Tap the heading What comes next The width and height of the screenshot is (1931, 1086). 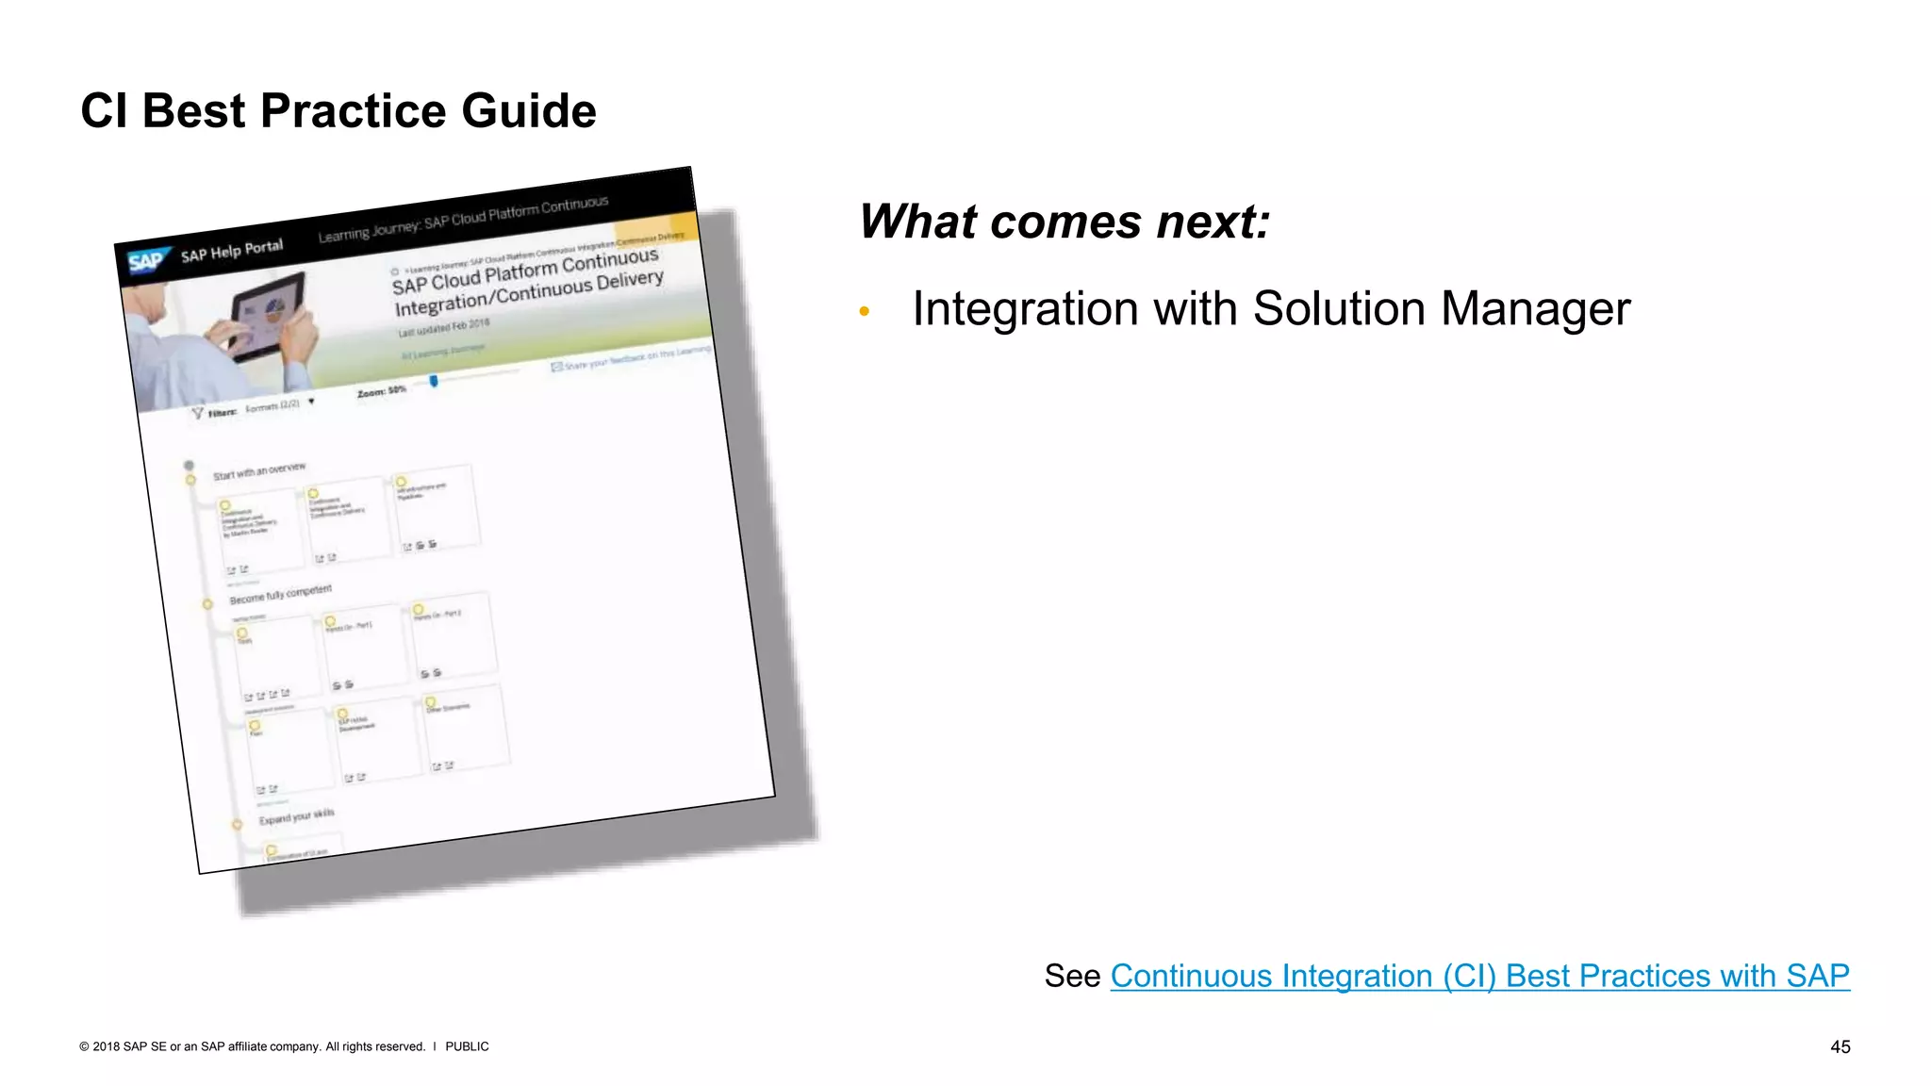1065,222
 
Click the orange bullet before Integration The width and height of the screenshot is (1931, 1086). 864,311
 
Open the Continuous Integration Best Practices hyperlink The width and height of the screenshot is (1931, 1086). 1478,976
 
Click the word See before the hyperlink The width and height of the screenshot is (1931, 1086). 1071,977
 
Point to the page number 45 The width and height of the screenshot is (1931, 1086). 1840,1046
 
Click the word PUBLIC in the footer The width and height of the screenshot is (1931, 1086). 467,1046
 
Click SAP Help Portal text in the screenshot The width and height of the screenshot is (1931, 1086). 231,251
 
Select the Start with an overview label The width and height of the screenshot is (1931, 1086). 258,470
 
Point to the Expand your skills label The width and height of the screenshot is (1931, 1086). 296,816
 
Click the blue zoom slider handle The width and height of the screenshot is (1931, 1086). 434,381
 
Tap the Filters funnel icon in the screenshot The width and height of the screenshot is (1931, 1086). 197,413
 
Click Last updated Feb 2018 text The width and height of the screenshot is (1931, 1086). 443,327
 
